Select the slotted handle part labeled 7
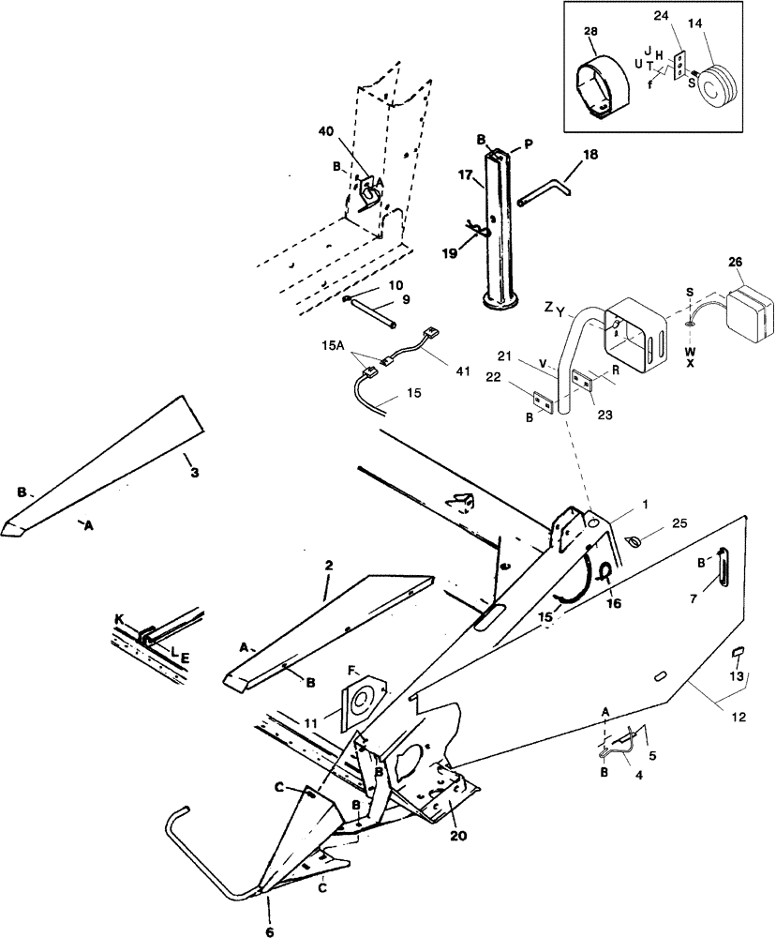[x=723, y=567]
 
